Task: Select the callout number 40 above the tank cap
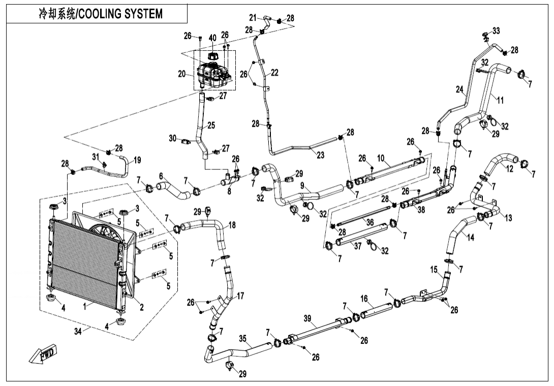coord(212,38)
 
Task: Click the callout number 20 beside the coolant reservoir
coord(182,74)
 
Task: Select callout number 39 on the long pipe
coord(307,318)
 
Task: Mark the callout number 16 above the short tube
coord(364,299)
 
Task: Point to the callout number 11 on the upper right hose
coord(500,100)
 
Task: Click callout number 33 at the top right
coord(496,31)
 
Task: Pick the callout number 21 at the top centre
coord(253,18)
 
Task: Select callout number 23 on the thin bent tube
coord(320,156)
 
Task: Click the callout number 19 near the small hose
coord(137,160)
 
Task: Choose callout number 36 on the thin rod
coord(370,222)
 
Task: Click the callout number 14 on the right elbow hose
coord(471,237)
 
